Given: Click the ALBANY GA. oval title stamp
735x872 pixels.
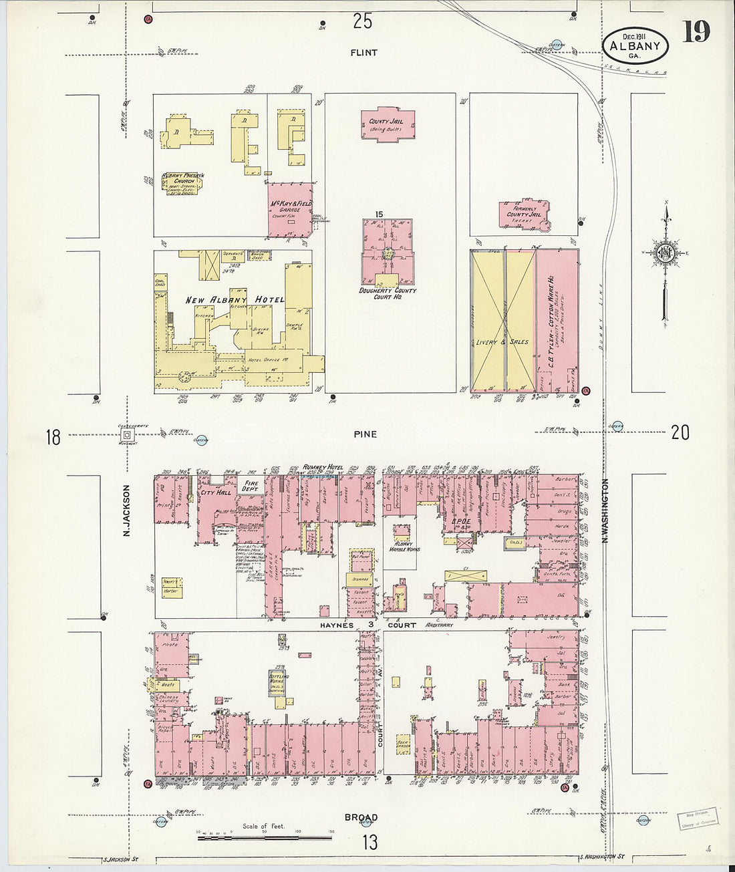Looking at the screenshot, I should tap(635, 45).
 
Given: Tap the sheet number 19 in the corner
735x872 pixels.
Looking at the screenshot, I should tap(696, 32).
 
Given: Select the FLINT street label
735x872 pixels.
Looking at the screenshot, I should tap(364, 53).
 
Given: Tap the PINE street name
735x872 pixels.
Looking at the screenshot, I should tap(365, 434).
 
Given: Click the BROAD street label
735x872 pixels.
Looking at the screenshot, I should tap(361, 817).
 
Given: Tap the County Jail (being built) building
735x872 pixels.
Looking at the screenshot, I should tap(388, 125).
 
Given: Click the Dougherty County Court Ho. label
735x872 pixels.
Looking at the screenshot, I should tap(388, 294).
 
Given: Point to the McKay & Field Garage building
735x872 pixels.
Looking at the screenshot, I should tap(290, 209).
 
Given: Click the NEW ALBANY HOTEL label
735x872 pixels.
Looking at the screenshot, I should tap(235, 300).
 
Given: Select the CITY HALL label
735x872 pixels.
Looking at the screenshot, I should tap(215, 492).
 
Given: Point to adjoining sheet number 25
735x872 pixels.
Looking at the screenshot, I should tap(362, 22).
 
